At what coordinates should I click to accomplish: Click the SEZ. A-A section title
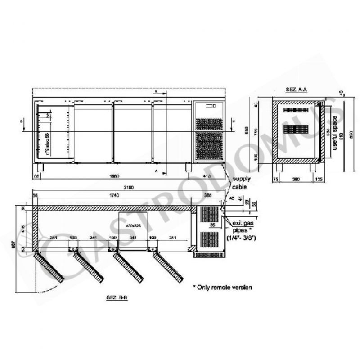click(x=296, y=90)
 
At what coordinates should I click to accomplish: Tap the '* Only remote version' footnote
click(x=222, y=287)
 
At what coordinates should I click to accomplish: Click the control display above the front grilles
click(x=211, y=106)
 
